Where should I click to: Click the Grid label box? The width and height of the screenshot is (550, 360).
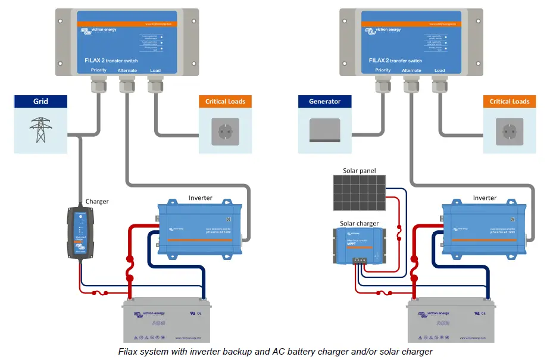(40, 101)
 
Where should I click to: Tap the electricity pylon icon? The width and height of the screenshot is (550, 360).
(40, 130)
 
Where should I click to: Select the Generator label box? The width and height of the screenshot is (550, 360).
(325, 101)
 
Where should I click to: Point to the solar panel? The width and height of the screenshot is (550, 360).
(358, 192)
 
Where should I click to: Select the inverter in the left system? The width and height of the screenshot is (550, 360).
(200, 230)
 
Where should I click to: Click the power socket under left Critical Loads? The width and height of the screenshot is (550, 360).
(225, 130)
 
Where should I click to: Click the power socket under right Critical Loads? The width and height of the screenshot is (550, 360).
(510, 130)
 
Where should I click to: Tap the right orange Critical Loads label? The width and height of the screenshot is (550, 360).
(510, 101)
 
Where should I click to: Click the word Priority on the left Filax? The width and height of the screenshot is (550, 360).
(99, 70)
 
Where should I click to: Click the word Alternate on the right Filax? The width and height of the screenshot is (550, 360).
(411, 70)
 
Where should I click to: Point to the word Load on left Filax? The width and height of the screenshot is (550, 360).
(155, 70)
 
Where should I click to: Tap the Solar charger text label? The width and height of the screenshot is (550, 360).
(359, 224)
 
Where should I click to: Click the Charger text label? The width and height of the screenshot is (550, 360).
(97, 201)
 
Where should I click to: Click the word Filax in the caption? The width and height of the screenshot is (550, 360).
(128, 352)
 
